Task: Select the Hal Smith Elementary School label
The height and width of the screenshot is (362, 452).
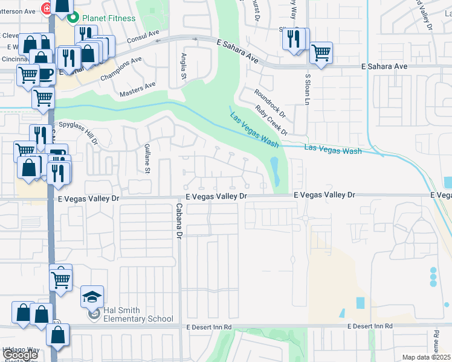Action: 130,314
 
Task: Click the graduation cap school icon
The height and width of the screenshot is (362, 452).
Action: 92,296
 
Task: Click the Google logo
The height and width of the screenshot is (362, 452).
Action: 20,355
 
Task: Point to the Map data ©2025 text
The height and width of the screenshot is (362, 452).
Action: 426,357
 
